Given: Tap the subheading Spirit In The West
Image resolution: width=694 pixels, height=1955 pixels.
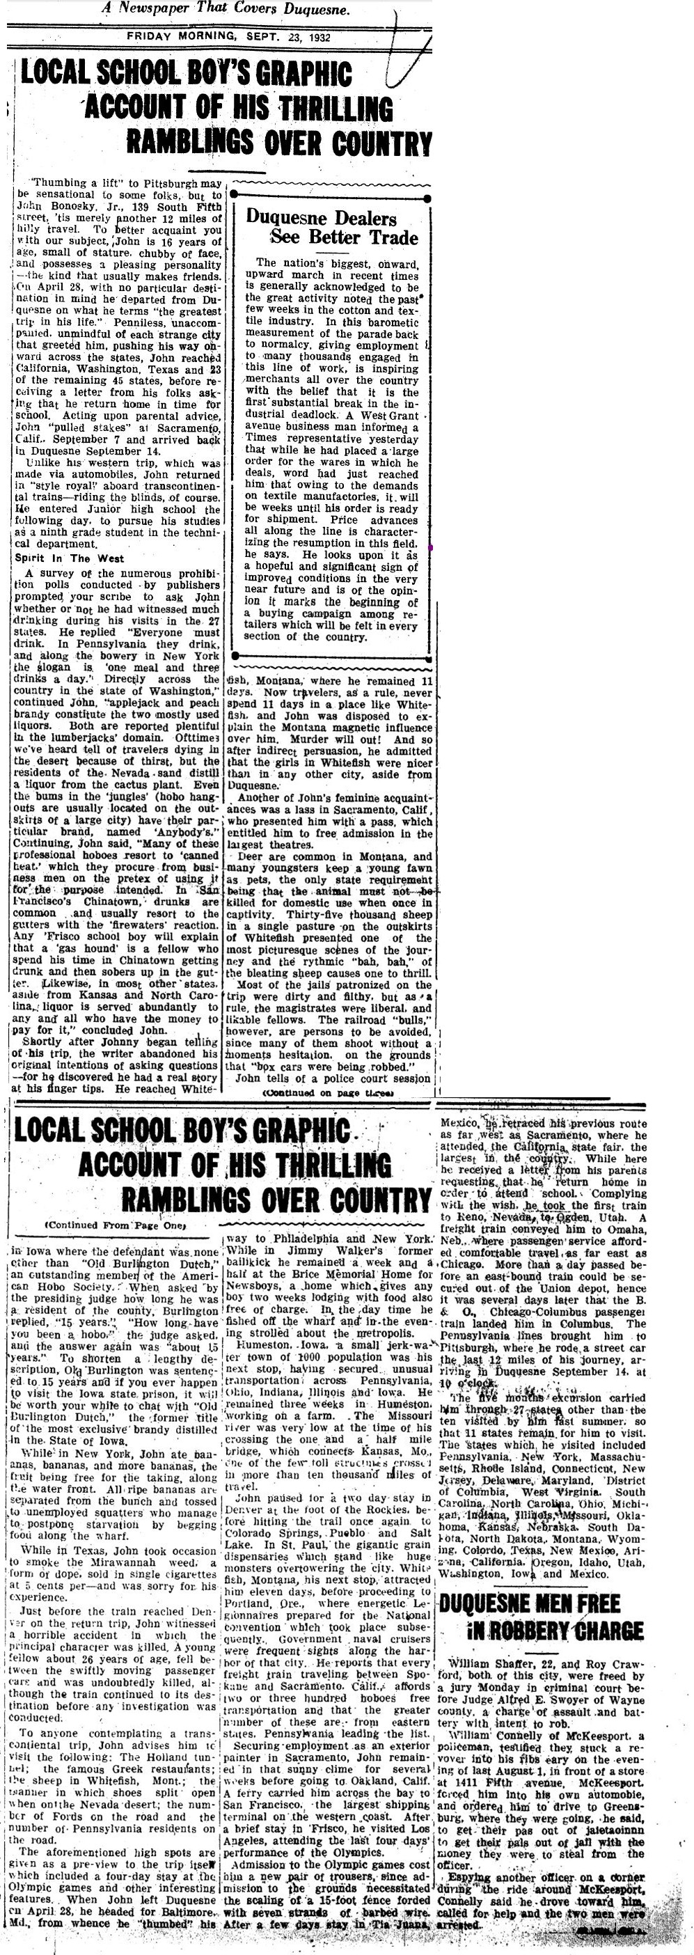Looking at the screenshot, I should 69,558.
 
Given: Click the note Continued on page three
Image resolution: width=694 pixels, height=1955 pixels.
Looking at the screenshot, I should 328,1094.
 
